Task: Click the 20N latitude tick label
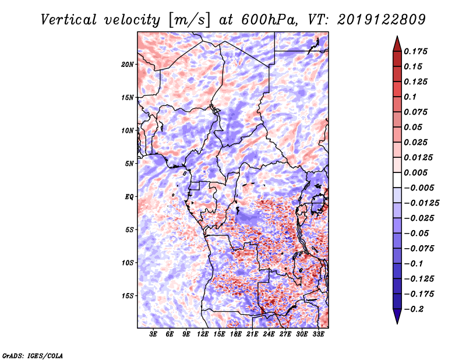[x=128, y=64]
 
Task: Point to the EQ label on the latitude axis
[x=129, y=196]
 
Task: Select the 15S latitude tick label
[x=128, y=296]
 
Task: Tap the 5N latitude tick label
[x=129, y=164]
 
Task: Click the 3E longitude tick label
[x=153, y=334]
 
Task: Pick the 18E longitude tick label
[x=235, y=334]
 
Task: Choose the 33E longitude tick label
[x=318, y=334]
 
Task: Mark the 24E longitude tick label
[x=269, y=334]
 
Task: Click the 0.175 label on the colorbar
[x=415, y=51]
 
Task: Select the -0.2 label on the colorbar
[x=414, y=309]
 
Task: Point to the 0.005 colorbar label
[x=415, y=172]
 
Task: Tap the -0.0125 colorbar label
[x=421, y=203]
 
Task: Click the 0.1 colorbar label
[x=410, y=97]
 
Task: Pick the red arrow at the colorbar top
[x=397, y=44]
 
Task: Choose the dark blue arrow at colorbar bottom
[x=397, y=316]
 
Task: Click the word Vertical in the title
[x=68, y=20]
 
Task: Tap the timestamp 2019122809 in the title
[x=382, y=20]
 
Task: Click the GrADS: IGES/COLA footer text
[x=33, y=355]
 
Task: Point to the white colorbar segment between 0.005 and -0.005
[x=397, y=180]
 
